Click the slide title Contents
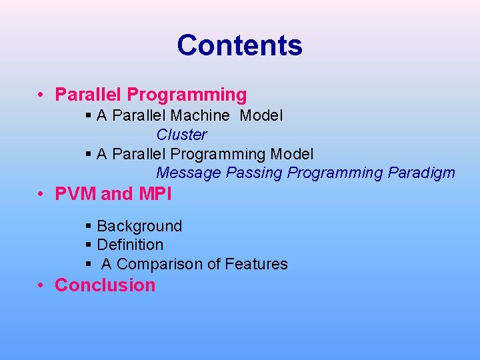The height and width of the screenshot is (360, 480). (239, 45)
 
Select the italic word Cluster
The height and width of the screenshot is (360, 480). (181, 135)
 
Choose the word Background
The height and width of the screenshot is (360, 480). (139, 227)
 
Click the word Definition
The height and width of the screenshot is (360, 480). (130, 245)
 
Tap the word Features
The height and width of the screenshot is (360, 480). (256, 264)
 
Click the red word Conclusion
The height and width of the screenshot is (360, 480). (105, 285)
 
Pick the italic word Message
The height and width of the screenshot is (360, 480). (189, 173)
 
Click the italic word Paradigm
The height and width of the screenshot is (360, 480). (421, 173)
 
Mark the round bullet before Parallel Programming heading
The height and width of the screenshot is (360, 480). (41, 95)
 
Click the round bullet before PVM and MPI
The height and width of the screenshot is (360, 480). (41, 195)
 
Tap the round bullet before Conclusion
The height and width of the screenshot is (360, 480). (41, 285)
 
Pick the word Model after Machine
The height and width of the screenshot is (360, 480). (261, 116)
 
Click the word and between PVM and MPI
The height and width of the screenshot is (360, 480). (117, 195)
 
